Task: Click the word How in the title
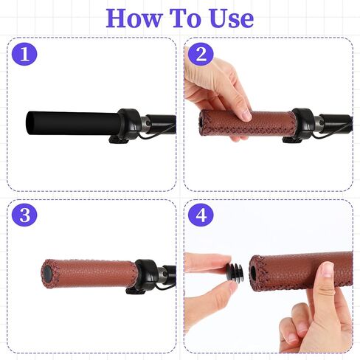tap(134, 18)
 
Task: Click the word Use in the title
tap(232, 18)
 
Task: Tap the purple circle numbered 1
tap(24, 54)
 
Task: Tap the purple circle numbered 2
tap(201, 54)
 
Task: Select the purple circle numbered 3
tap(24, 215)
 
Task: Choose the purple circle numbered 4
tap(201, 215)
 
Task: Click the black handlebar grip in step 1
tap(72, 123)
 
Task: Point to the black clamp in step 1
tap(128, 123)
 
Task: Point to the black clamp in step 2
tap(304, 123)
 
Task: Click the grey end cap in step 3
tap(47, 274)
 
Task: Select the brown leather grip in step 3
tap(89, 274)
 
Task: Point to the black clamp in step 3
tap(146, 274)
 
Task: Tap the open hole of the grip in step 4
tap(253, 272)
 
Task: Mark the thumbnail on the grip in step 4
tap(328, 269)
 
